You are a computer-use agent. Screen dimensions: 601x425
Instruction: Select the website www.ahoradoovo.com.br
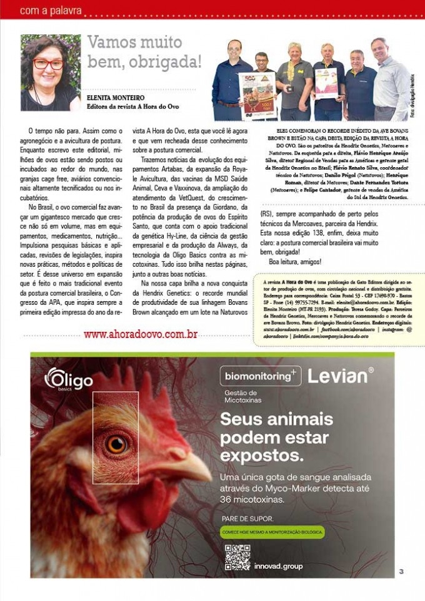(141, 334)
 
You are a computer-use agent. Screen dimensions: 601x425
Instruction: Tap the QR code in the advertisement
(237, 557)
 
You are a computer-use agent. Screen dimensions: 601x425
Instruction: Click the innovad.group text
(279, 566)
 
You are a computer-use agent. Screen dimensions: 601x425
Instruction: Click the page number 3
(401, 570)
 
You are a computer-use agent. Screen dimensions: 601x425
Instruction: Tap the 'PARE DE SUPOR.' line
(247, 519)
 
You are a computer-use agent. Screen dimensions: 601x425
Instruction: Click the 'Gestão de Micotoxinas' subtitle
(242, 396)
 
